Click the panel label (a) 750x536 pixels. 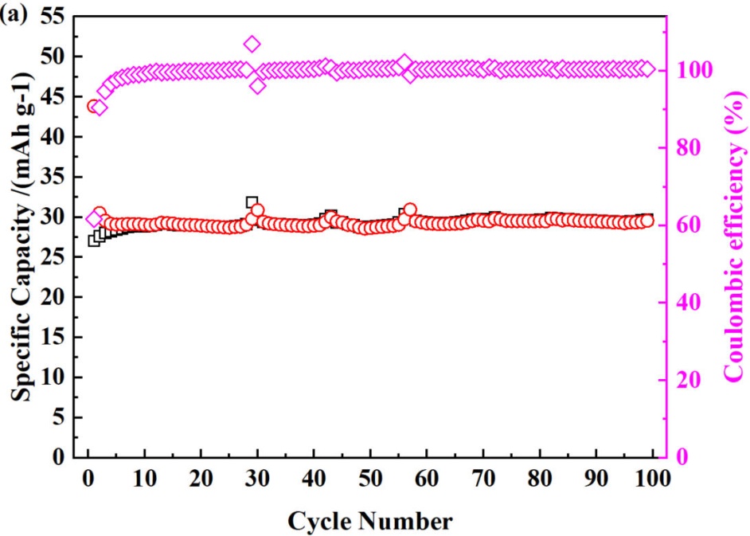(x=14, y=15)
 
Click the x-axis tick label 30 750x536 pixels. (x=257, y=481)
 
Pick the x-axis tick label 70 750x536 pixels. (x=482, y=481)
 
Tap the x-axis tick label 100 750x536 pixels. (x=651, y=481)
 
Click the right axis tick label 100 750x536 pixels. (x=682, y=70)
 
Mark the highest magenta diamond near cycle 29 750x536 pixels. (x=252, y=44)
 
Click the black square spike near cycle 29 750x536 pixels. (x=252, y=202)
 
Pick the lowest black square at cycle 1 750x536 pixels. (x=94, y=241)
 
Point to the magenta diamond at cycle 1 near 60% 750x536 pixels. (x=94, y=219)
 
